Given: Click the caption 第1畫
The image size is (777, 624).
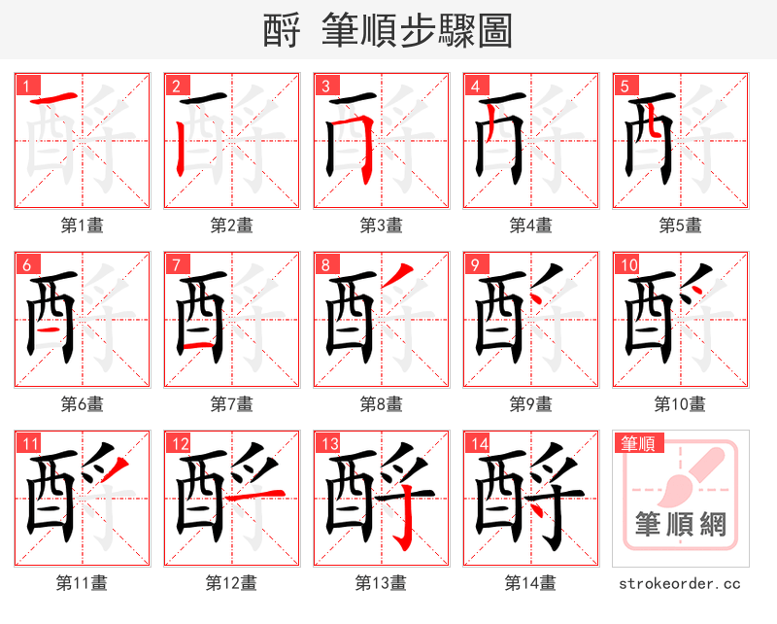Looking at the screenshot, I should point(82,225).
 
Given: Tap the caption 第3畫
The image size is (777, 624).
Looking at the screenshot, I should point(381,225).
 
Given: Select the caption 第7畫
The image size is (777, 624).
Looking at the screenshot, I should point(231,403).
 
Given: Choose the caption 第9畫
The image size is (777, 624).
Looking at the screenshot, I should point(530,403).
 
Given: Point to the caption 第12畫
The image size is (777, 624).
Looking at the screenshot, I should point(231,583).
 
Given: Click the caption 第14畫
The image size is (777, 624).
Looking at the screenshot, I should point(530,583).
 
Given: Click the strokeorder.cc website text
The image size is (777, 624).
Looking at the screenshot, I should point(680,583).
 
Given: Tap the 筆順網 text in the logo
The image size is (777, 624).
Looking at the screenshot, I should point(680,526).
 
